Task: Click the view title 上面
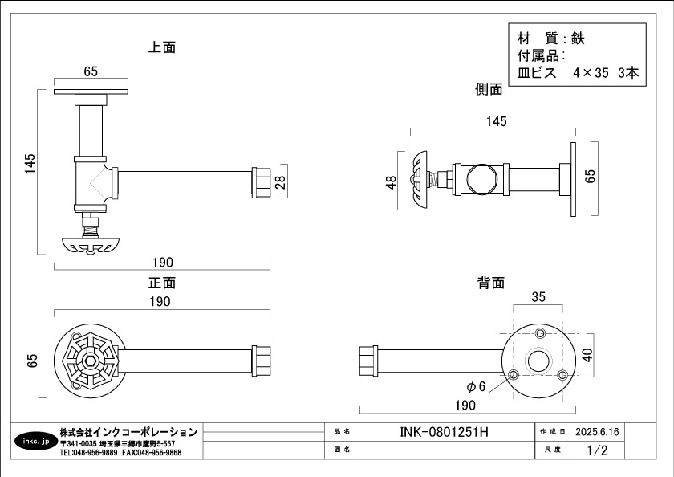162,47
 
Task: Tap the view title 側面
489,90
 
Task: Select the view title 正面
162,283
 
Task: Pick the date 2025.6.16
597,432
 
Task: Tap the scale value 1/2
597,450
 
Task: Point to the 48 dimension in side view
392,182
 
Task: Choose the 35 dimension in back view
538,297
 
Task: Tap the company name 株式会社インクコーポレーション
128,432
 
